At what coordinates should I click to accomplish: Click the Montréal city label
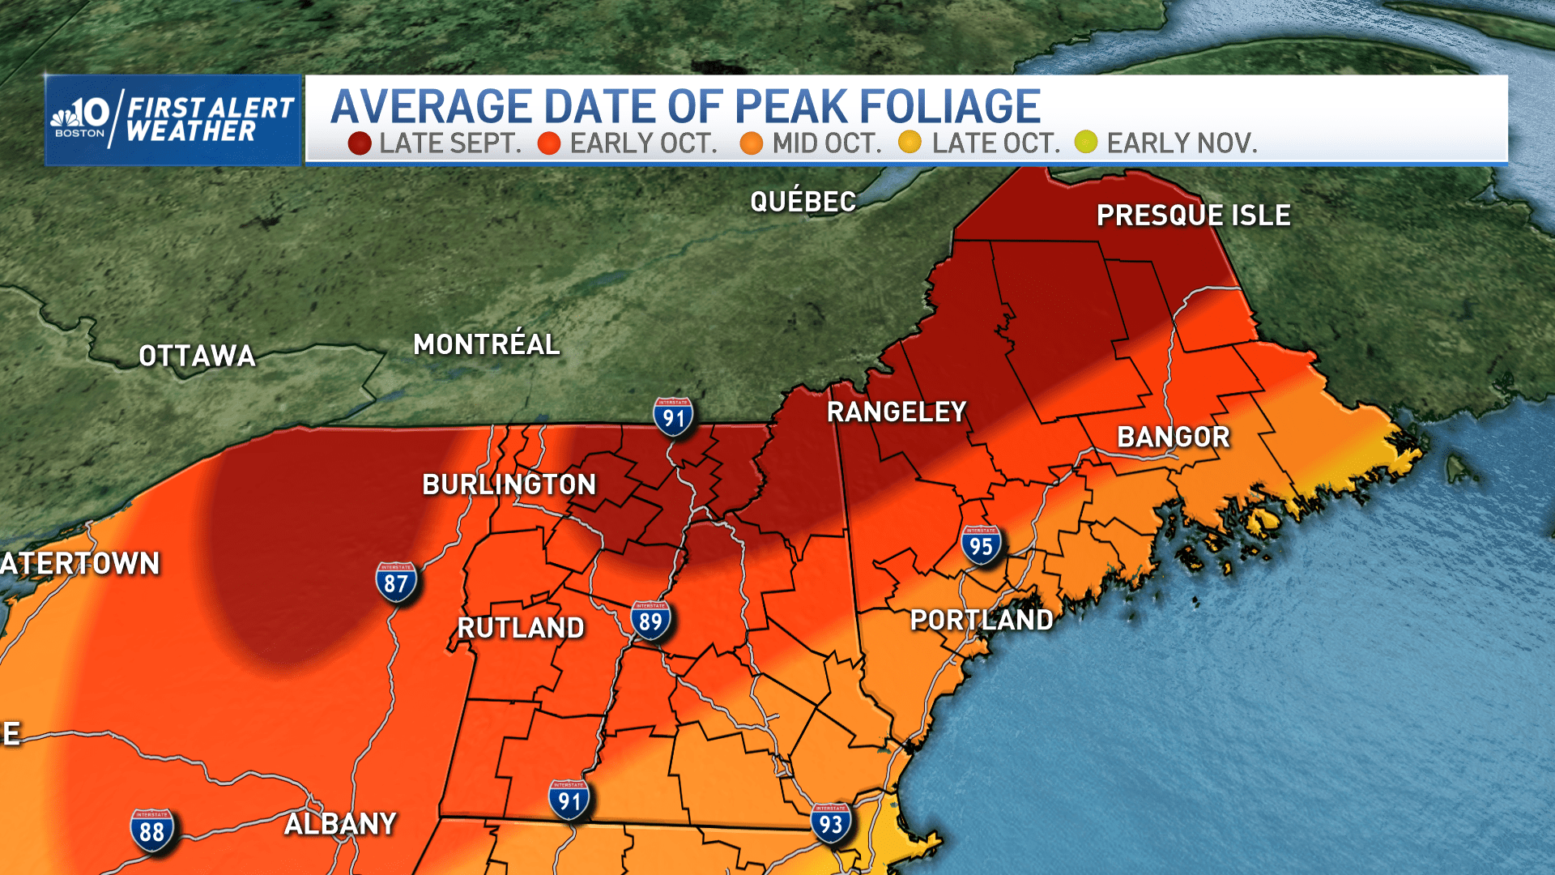pos(486,344)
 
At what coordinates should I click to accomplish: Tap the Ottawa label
pos(197,356)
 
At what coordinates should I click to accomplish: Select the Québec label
pos(803,201)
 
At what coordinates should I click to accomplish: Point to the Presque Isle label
pos(1193,216)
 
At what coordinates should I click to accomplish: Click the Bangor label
pos(1174,437)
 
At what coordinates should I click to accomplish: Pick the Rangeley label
pos(897,412)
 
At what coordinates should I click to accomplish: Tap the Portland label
pos(982,620)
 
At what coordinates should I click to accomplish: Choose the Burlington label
pos(509,484)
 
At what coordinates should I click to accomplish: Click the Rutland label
pos(521,628)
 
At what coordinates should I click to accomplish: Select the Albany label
pos(340,824)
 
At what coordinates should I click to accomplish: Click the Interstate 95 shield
pos(981,546)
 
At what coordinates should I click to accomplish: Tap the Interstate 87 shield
pos(396,582)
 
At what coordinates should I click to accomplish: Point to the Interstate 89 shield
pos(650,621)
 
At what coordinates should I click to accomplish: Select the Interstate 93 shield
pos(831,823)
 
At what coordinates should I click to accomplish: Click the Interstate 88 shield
pos(151,830)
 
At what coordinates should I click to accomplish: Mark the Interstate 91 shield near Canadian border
pos(673,417)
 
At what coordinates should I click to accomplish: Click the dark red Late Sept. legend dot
pos(360,143)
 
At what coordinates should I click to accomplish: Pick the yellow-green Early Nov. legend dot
pos(1086,142)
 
